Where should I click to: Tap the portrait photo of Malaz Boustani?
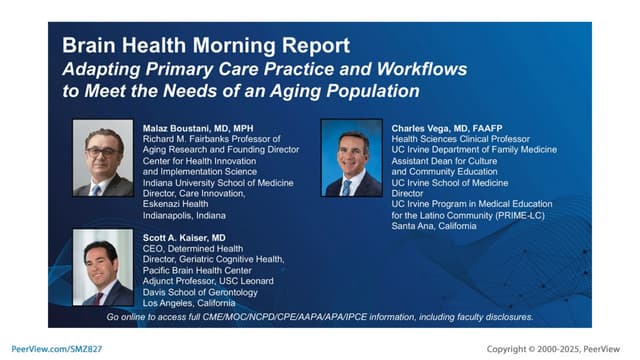point(103,158)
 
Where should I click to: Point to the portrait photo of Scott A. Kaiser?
point(103,265)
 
